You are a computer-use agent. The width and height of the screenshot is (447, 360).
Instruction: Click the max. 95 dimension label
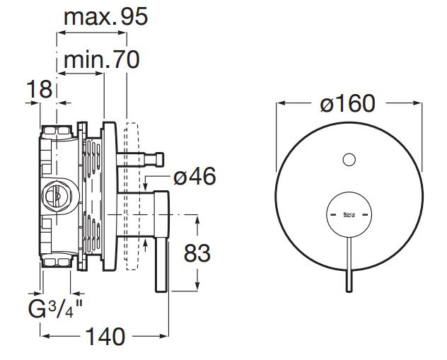[x=106, y=17]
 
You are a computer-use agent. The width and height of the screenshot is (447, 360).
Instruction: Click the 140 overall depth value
[x=105, y=335]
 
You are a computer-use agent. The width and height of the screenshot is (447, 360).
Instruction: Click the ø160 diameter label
[x=347, y=104]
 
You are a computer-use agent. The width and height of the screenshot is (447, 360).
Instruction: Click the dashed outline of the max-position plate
[x=130, y=198]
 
